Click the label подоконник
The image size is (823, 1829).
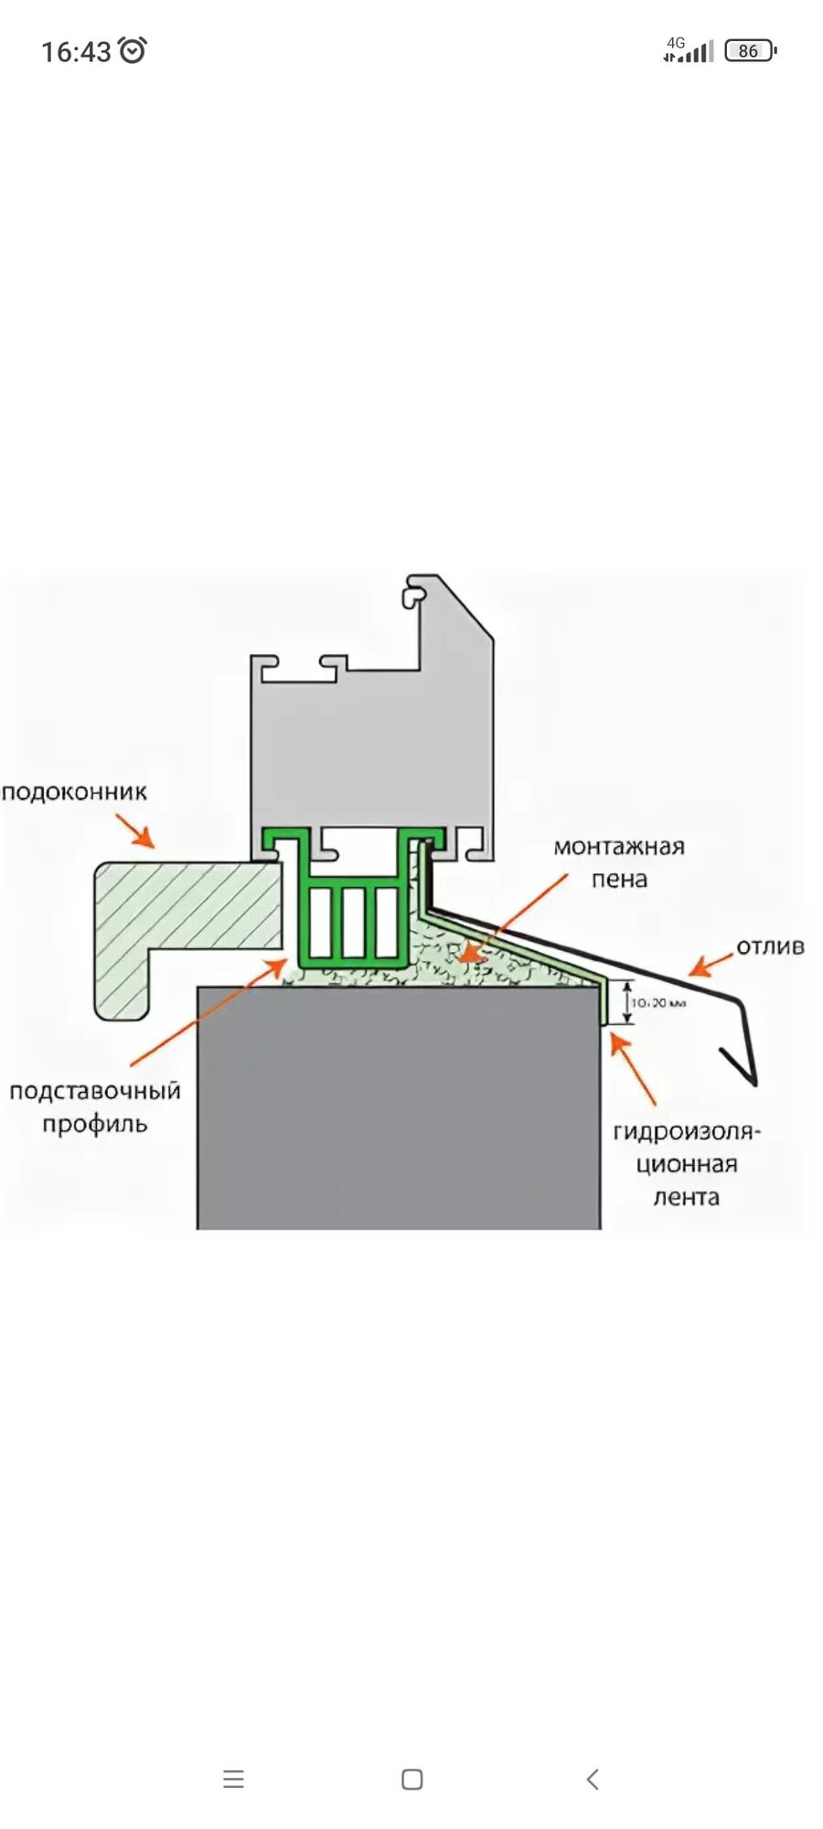coord(74,792)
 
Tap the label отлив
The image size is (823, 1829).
coord(770,947)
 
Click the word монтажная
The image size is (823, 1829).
coord(619,847)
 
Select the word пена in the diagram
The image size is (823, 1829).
coord(619,880)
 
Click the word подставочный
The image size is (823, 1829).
coord(95,1091)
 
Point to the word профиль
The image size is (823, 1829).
coord(95,1124)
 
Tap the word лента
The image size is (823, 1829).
coord(686,1197)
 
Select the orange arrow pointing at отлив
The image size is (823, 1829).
coord(711,963)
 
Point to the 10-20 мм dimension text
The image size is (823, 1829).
coord(658,1003)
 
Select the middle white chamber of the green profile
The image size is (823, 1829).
coord(353,922)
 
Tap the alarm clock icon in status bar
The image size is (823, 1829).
coord(134,50)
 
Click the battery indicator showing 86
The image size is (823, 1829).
coord(749,50)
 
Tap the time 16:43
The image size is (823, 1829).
coord(76,51)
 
